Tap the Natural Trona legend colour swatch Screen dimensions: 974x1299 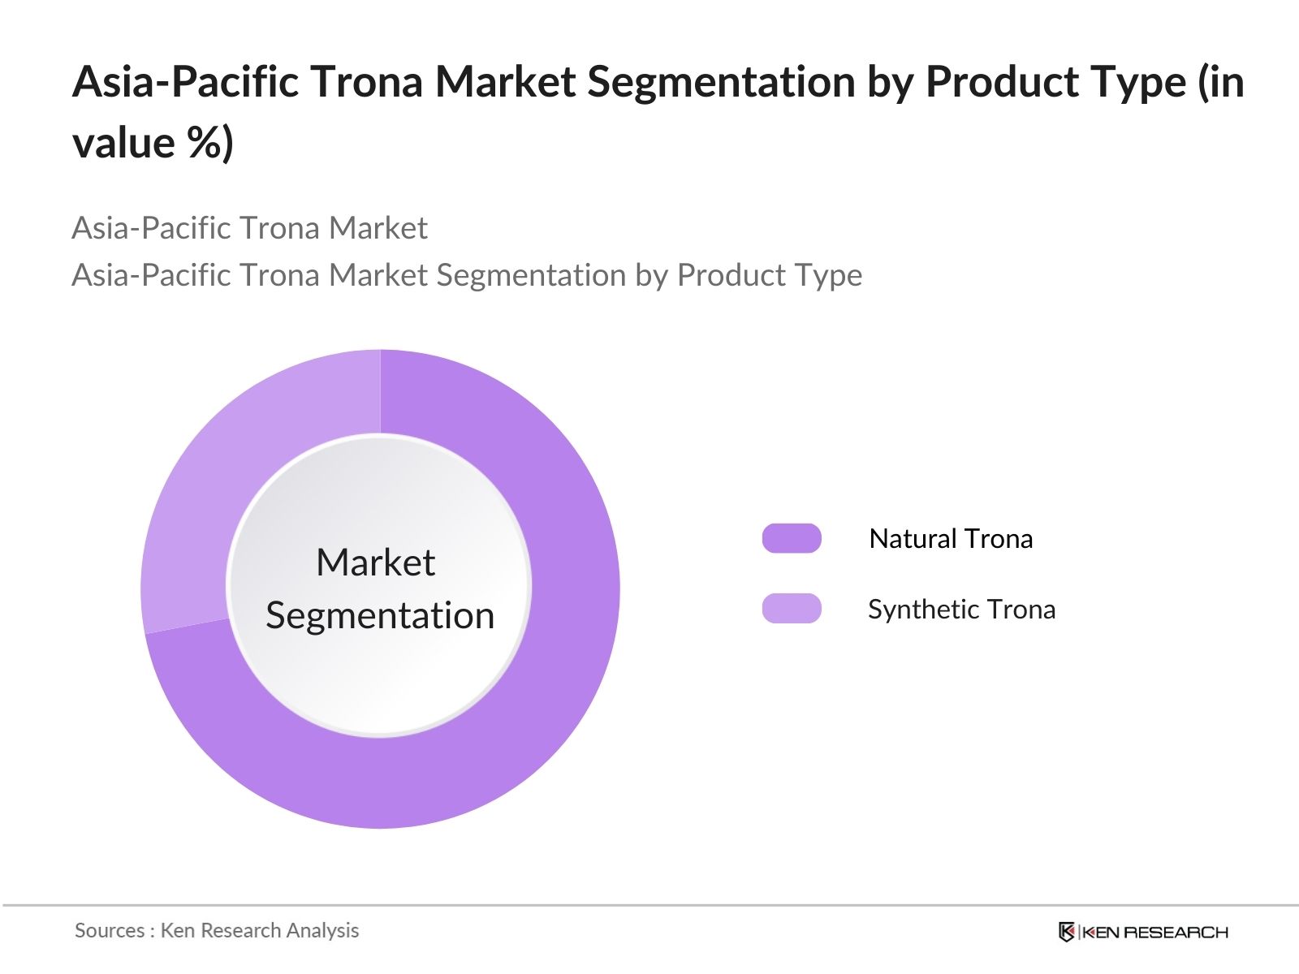click(x=792, y=538)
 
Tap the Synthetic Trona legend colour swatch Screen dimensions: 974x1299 click(x=792, y=609)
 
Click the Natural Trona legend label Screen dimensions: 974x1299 click(x=951, y=538)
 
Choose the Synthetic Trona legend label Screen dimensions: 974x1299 click(x=961, y=609)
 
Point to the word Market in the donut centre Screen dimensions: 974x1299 click(x=376, y=562)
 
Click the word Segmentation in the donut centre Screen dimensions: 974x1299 click(x=380, y=615)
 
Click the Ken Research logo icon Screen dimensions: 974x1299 click(x=1067, y=932)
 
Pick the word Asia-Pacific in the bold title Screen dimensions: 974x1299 click(x=185, y=82)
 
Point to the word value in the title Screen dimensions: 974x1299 click(x=123, y=144)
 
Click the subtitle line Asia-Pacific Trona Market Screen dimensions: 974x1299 click(x=249, y=228)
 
